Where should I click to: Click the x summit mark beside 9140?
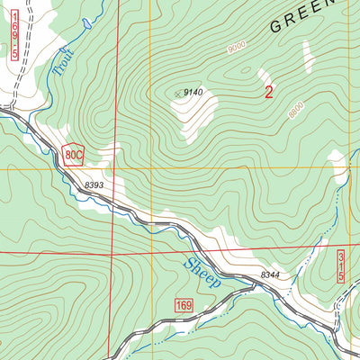pyautogui.click(x=175, y=92)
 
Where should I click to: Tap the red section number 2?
pyautogui.click(x=268, y=91)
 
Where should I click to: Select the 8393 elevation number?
pyautogui.click(x=95, y=184)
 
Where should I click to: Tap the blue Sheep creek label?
pyautogui.click(x=202, y=271)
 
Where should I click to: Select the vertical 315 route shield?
pyautogui.click(x=342, y=267)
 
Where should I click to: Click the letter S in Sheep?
pyautogui.click(x=190, y=264)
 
